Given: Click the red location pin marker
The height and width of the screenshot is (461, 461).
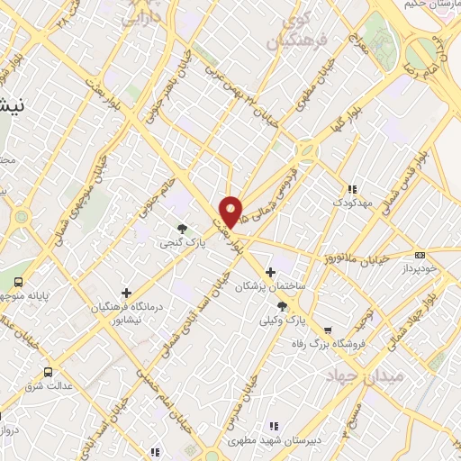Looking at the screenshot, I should pyautogui.click(x=231, y=212).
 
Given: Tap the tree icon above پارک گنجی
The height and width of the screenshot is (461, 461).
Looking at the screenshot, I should pyautogui.click(x=183, y=229).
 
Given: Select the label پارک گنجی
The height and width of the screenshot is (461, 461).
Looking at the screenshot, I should pyautogui.click(x=190, y=243).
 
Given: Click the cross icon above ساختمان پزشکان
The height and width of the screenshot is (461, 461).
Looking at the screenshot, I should pyautogui.click(x=270, y=272).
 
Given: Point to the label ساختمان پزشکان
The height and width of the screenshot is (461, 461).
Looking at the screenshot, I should pyautogui.click(x=267, y=286).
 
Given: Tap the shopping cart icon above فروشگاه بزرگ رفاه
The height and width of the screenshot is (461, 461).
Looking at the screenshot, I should pyautogui.click(x=328, y=330).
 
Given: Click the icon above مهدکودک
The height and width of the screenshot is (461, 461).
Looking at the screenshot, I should pyautogui.click(x=353, y=189).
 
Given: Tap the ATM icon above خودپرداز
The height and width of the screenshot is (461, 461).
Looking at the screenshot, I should pyautogui.click(x=420, y=256).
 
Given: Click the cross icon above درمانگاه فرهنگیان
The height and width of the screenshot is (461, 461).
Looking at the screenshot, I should pyautogui.click(x=126, y=293).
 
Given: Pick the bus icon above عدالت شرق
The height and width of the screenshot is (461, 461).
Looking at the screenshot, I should pyautogui.click(x=48, y=371).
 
